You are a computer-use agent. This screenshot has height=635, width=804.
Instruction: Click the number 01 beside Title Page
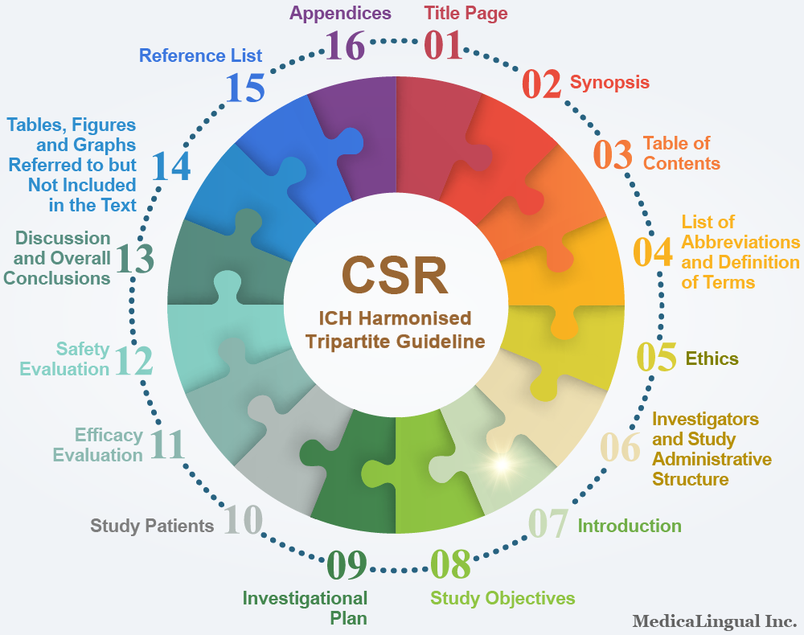click(x=442, y=45)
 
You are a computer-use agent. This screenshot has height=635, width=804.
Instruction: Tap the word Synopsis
click(x=609, y=83)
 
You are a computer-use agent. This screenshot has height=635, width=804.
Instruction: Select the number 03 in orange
click(x=613, y=155)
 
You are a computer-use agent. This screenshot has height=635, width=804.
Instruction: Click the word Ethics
click(x=712, y=358)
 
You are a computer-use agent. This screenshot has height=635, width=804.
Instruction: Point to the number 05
click(x=656, y=357)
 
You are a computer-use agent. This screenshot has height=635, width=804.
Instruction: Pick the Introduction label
click(x=630, y=526)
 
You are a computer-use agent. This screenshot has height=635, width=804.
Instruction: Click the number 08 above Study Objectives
click(x=450, y=564)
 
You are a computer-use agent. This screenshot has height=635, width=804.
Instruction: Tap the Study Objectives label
click(x=503, y=598)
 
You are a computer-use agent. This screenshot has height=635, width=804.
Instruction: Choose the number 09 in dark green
click(x=347, y=565)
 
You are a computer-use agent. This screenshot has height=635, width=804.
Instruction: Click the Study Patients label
click(x=152, y=526)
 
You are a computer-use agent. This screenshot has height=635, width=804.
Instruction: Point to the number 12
click(x=133, y=360)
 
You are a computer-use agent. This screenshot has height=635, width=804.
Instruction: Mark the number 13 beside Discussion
click(x=134, y=258)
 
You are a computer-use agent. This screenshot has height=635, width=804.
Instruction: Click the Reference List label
click(x=200, y=55)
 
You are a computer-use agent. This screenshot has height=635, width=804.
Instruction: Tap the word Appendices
click(x=340, y=14)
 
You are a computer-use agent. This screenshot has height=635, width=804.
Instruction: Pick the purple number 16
click(x=345, y=45)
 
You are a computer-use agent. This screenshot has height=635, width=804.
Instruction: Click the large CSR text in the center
click(x=395, y=275)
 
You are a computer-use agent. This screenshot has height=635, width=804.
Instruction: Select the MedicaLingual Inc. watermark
click(x=714, y=621)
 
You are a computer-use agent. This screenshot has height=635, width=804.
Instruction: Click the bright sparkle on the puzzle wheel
click(x=502, y=465)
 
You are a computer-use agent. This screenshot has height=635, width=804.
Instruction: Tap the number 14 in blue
click(x=171, y=166)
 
